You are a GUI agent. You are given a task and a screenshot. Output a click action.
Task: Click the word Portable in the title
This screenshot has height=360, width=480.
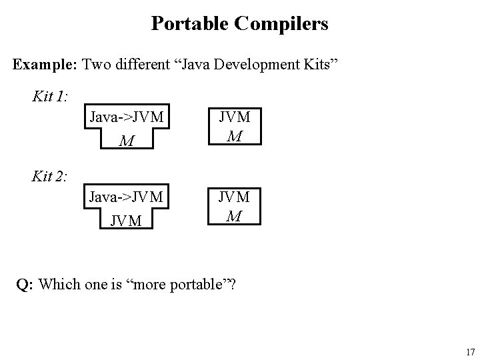pyautogui.click(x=189, y=24)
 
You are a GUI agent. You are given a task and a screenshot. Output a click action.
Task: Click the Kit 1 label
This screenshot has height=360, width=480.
pyautogui.click(x=49, y=96)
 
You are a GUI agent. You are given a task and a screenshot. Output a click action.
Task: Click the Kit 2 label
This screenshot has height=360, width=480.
pyautogui.click(x=49, y=176)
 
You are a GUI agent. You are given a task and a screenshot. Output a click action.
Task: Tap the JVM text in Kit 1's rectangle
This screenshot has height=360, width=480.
pyautogui.click(x=233, y=117)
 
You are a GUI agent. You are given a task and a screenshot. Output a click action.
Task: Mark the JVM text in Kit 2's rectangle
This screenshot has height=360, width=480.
pyautogui.click(x=233, y=197)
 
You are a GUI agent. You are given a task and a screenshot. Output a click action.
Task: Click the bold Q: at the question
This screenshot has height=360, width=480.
pyautogui.click(x=25, y=285)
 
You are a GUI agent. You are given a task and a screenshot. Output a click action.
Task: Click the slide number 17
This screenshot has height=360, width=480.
pyautogui.click(x=470, y=351)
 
